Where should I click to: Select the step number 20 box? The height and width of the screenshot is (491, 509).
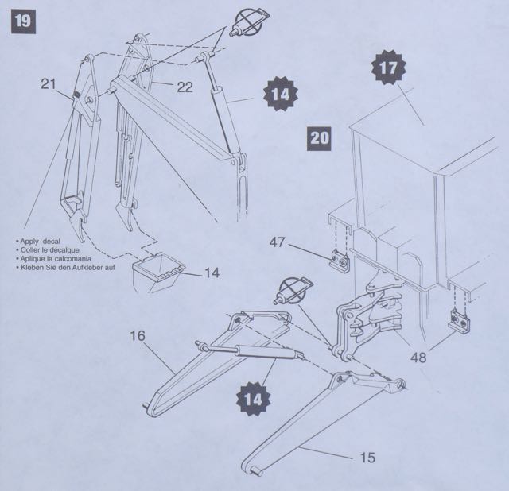(x=320, y=137)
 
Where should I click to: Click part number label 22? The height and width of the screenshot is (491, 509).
(x=185, y=86)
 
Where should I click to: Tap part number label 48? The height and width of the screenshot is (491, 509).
(x=418, y=358)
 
